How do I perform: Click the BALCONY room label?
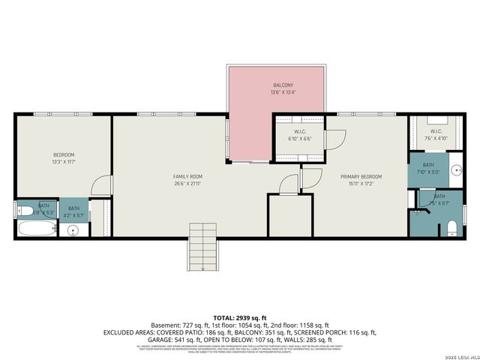pos(277,85)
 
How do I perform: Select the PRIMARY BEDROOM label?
pos(361,176)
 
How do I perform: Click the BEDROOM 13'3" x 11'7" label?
pos(63,154)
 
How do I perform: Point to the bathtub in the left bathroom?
pos(34,229)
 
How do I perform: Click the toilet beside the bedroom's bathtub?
pos(23,210)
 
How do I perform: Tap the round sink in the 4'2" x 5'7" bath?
pos(73,230)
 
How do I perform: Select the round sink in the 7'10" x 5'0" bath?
pos(457,170)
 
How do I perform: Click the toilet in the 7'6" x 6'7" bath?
pos(452,227)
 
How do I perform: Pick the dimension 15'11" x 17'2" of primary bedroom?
pos(361,183)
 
